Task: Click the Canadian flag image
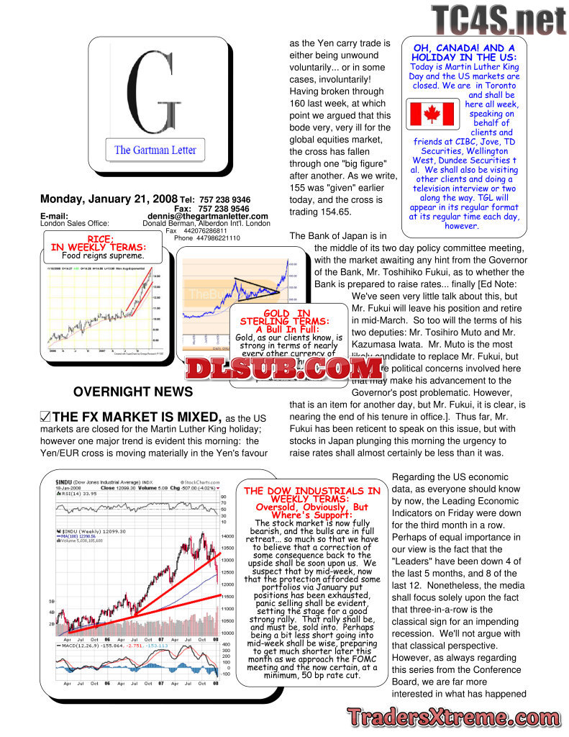(430, 114)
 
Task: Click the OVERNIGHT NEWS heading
(133, 392)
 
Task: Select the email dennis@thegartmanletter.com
(208, 216)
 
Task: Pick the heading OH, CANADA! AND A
(463, 48)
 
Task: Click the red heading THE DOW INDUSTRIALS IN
(312, 491)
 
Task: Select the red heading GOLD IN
(287, 314)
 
